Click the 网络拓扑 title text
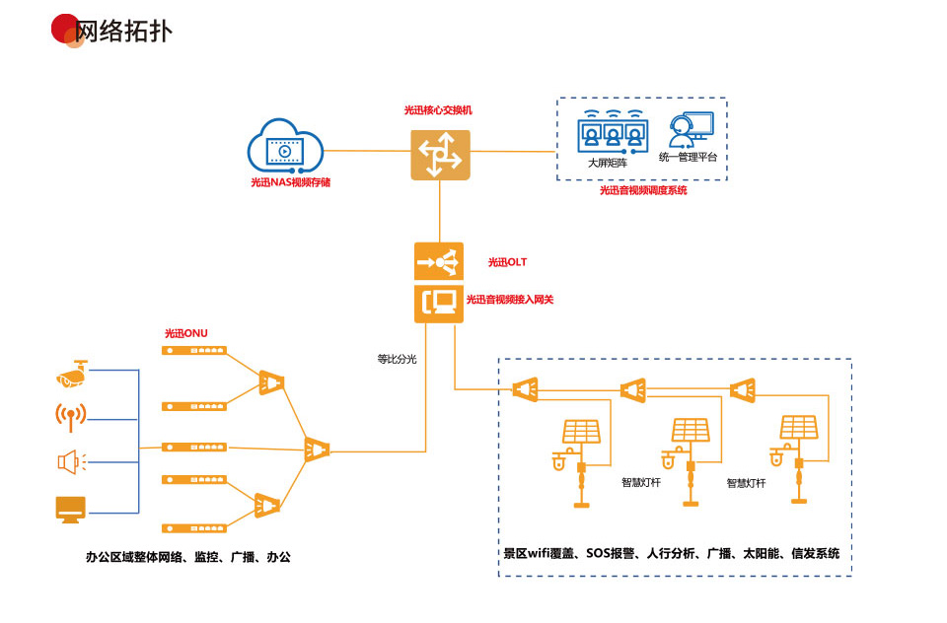click(123, 31)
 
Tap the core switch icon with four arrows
click(440, 155)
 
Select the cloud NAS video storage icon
click(286, 148)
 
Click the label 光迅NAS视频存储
click(290, 182)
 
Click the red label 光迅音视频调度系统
click(643, 190)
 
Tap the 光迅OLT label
click(507, 262)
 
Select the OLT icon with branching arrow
click(439, 261)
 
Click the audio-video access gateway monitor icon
click(439, 303)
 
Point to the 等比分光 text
click(397, 360)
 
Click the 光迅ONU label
click(186, 334)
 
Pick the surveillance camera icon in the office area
click(72, 374)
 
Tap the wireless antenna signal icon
click(71, 416)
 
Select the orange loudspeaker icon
click(71, 460)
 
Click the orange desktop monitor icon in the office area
click(71, 508)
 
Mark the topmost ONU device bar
click(195, 350)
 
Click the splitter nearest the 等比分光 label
click(317, 449)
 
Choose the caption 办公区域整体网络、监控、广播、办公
click(187, 557)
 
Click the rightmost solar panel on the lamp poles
click(798, 427)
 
